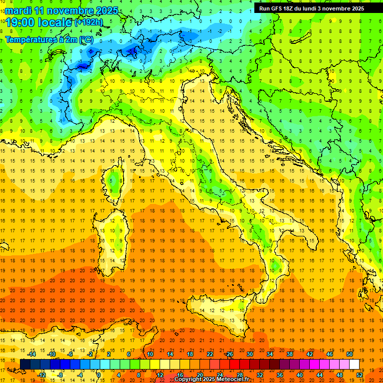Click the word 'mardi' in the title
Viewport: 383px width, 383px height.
(19, 10)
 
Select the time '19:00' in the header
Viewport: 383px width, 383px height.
(19, 22)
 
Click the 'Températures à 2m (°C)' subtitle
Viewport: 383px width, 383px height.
(49, 39)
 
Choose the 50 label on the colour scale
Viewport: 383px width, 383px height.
(350, 354)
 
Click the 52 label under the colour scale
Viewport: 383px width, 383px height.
(360, 375)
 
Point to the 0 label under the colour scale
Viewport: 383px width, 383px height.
(100, 375)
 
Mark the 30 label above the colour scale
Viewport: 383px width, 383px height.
(250, 354)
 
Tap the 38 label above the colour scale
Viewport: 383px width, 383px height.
(290, 354)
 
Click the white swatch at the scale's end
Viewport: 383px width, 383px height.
(355, 364)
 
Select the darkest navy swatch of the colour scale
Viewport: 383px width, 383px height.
(25, 364)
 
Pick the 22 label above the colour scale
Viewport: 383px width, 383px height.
(210, 354)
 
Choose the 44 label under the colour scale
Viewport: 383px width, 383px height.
(320, 375)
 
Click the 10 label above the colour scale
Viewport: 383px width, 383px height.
(150, 354)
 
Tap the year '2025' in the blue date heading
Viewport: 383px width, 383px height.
(106, 10)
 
